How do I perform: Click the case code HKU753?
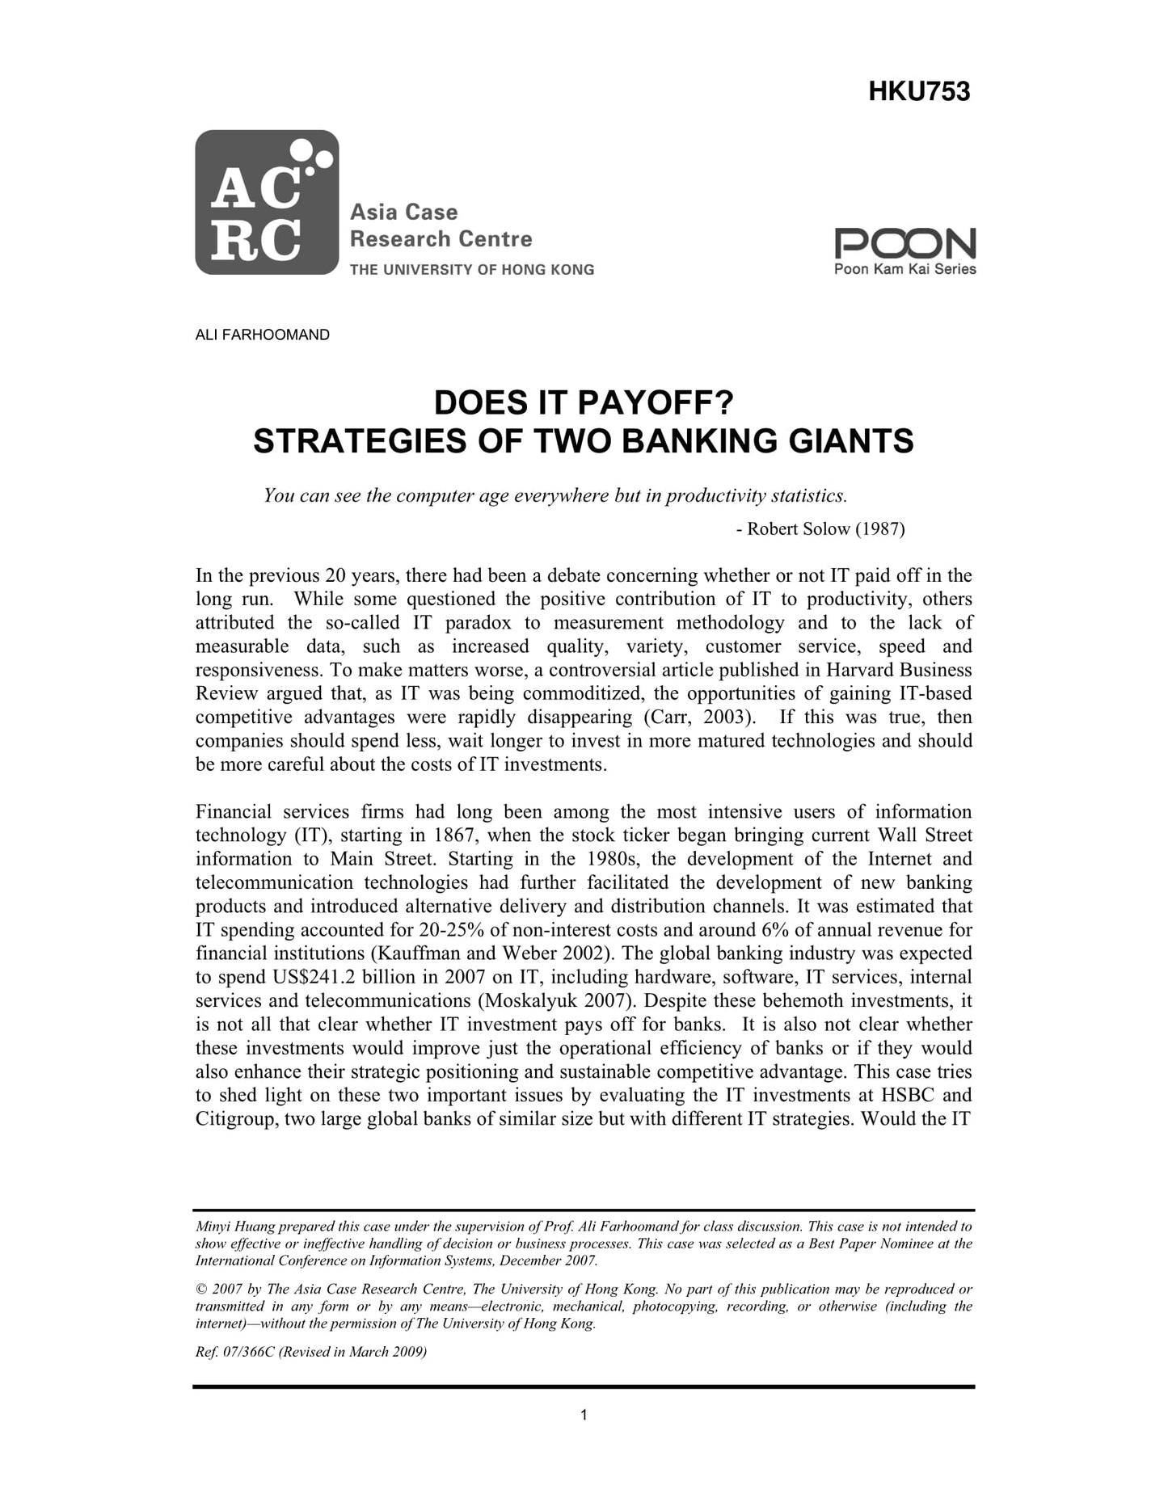click(919, 92)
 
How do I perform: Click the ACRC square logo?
click(266, 202)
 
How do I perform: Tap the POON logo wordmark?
click(904, 243)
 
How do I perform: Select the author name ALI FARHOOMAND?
click(262, 335)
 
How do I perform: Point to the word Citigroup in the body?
click(234, 1119)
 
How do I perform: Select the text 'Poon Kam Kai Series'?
click(904, 269)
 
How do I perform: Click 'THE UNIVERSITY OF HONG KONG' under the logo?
click(471, 270)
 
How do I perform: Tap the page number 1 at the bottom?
click(584, 1414)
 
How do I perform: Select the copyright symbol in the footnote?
click(200, 1289)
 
